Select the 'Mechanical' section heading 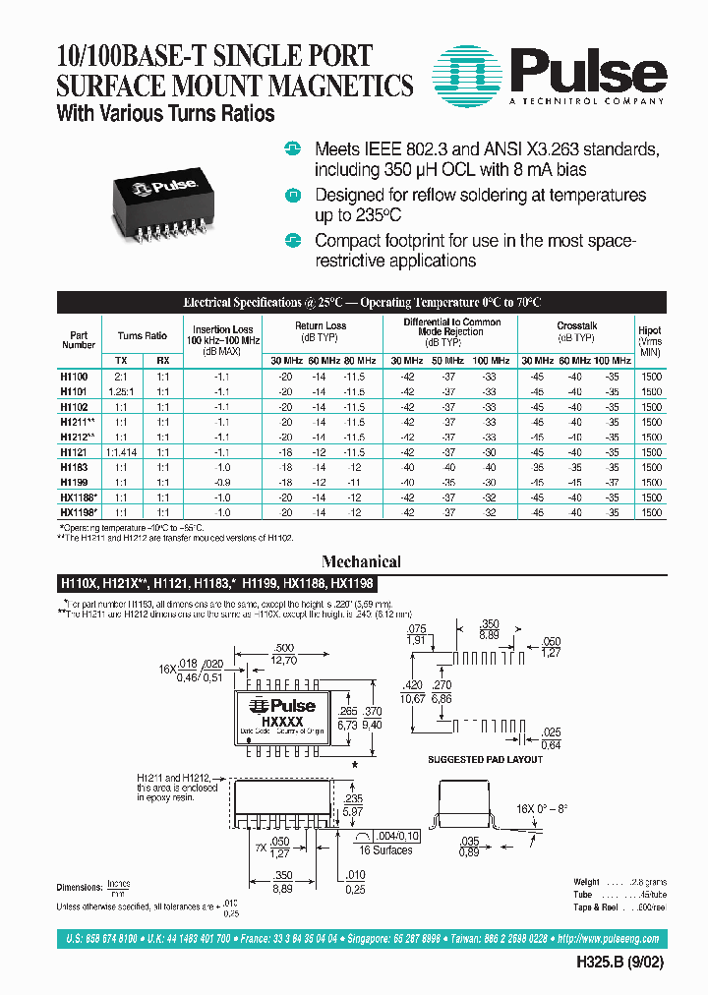click(362, 562)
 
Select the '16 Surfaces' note click(385, 849)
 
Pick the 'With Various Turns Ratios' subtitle click(165, 114)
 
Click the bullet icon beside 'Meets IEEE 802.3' click(291, 149)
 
